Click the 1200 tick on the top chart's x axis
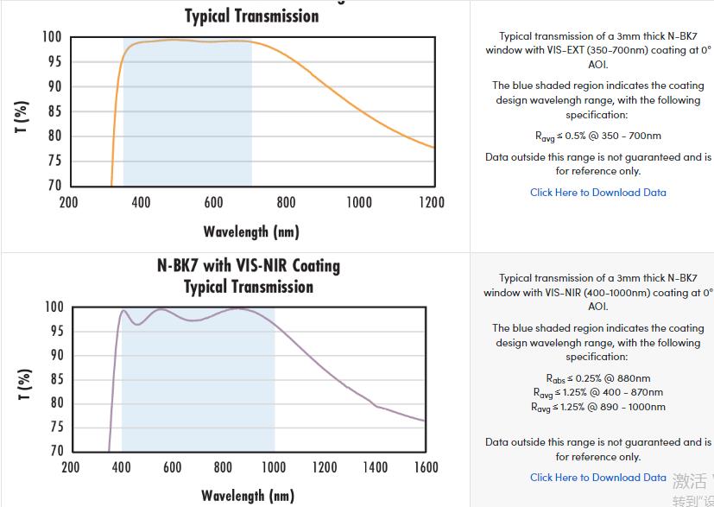pos(432,202)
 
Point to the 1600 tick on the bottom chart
pos(427,467)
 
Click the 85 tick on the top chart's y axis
pos(54,111)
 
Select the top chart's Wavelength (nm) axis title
pos(250,231)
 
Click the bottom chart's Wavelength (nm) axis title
pos(248,495)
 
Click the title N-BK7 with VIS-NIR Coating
pos(249,266)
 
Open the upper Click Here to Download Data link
pos(597,193)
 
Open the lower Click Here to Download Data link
pos(597,478)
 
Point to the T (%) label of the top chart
pos(23,117)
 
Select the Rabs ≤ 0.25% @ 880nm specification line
pos(597,378)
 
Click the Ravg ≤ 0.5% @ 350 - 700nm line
pos(597,136)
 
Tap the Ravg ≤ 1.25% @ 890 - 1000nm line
pos(597,407)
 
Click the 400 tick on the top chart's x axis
pos(141,202)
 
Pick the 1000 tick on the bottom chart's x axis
pos(274,467)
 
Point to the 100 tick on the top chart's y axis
pos(51,37)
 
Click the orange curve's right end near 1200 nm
pos(432,147)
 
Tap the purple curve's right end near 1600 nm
pos(423,421)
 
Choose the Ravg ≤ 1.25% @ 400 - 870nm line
pos(597,393)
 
